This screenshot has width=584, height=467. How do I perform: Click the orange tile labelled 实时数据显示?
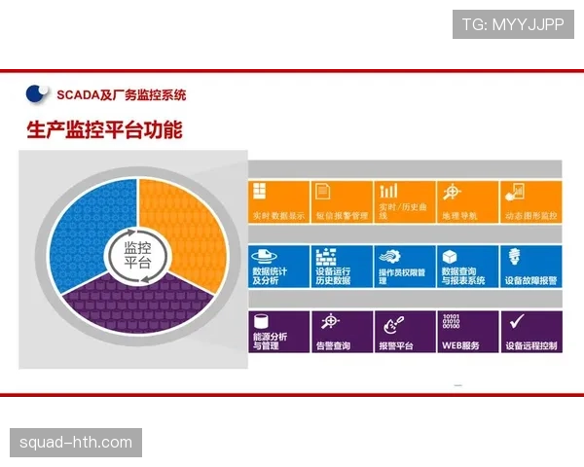point(278,201)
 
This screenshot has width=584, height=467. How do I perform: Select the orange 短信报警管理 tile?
point(341,201)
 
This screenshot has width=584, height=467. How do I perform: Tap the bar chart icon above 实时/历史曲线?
point(389,191)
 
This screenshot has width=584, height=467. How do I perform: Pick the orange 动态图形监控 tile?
point(530,201)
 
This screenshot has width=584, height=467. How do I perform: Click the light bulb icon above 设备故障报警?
point(514,256)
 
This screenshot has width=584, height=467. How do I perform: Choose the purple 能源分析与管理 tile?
point(278,331)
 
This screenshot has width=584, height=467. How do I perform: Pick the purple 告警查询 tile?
point(341,331)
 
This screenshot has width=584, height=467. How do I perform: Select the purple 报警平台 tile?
point(404,331)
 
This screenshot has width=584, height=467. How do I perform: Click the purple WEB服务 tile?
point(467,331)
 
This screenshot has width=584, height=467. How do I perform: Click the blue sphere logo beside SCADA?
point(37,94)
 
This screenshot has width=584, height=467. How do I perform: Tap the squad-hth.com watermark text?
point(76,444)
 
